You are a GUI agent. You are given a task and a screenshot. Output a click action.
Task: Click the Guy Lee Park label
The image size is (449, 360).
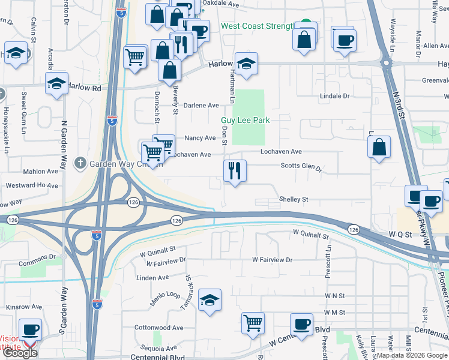246,121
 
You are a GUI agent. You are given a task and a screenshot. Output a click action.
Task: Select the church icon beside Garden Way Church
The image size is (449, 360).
80,163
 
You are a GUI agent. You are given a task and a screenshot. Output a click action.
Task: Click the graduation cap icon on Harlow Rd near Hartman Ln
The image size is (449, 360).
246,63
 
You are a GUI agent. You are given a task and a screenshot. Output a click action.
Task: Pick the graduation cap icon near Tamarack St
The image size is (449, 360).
209,299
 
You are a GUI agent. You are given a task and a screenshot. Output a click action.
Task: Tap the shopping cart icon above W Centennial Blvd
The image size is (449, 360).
253,323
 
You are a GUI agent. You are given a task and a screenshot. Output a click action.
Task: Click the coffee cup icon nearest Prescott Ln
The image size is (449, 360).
301,324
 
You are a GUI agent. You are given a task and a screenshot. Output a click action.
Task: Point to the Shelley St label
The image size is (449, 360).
294,199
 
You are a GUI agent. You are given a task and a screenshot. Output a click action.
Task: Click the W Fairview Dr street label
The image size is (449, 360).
272,260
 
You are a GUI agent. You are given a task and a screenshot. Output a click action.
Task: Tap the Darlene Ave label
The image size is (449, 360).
201,105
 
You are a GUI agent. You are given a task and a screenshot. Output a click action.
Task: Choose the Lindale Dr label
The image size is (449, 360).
335,96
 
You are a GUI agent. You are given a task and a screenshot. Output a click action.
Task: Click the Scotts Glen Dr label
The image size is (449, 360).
301,167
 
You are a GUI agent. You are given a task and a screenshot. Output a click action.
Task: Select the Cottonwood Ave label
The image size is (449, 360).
158,328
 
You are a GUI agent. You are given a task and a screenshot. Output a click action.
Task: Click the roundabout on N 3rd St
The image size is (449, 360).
386,62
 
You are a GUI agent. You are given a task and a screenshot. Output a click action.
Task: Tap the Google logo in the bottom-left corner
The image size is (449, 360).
20,353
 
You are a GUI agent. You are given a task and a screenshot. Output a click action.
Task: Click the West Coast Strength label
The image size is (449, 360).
257,26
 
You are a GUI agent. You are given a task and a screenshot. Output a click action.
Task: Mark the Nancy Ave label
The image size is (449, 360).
200,138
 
